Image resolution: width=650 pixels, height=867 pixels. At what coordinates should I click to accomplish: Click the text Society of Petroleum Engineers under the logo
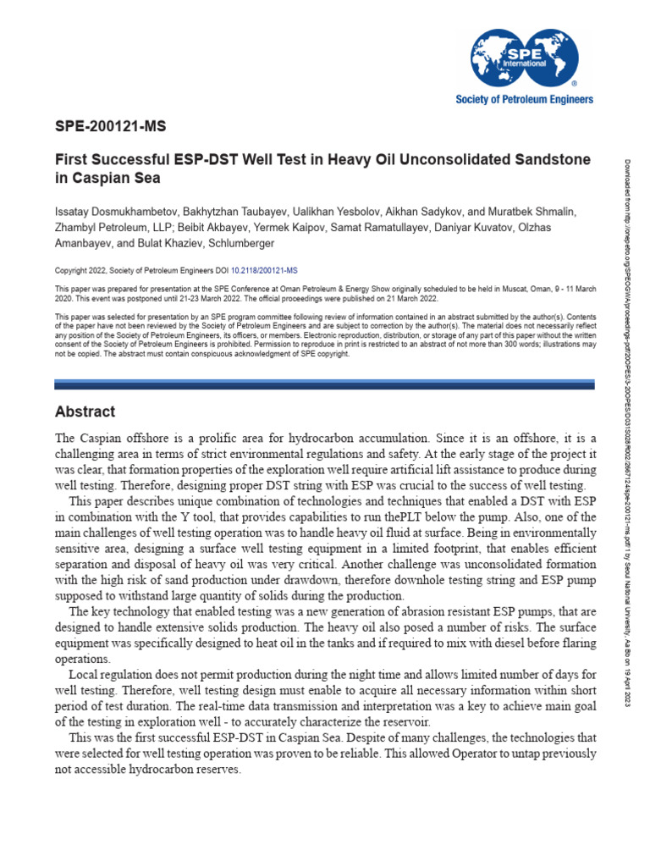[525, 99]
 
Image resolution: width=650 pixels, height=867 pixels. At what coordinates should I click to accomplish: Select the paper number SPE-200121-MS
[110, 127]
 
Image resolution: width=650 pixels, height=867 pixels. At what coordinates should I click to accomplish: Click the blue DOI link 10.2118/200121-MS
[259, 271]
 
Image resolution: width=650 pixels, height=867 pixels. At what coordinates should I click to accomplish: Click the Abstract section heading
[85, 411]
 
